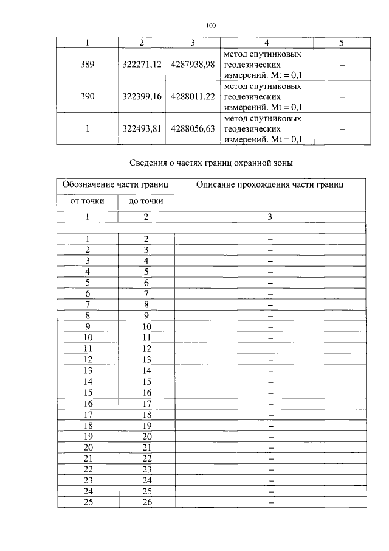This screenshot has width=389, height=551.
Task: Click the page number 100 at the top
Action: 211,26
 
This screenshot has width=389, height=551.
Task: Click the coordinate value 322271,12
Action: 141,64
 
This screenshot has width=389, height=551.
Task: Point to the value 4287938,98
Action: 193,64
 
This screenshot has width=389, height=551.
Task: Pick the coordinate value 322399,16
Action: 141,97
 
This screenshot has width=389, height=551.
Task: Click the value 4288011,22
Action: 193,97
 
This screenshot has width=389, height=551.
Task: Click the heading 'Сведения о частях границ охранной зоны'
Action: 212,163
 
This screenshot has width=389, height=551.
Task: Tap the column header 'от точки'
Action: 88,202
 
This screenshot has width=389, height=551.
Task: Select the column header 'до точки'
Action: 146,202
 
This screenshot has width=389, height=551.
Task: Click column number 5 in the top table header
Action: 342,43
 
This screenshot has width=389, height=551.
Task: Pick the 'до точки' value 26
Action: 146,502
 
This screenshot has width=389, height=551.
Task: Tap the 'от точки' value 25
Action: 88,502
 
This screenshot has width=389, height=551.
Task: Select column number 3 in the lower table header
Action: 270,217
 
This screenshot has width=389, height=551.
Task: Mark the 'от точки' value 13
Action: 88,370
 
